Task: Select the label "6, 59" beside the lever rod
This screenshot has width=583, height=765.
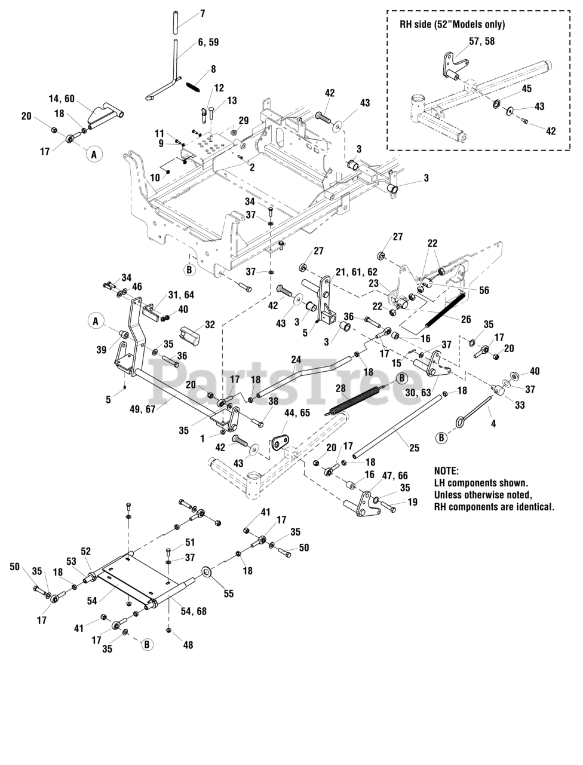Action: (208, 42)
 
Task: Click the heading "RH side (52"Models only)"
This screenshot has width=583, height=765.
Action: (452, 25)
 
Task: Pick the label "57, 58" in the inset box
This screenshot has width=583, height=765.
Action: (481, 41)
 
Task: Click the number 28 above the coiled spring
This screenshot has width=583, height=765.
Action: (341, 388)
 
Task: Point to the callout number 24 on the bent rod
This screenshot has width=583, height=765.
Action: (296, 360)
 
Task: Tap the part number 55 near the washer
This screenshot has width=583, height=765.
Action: (228, 593)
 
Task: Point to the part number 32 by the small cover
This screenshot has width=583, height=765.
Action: (210, 325)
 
